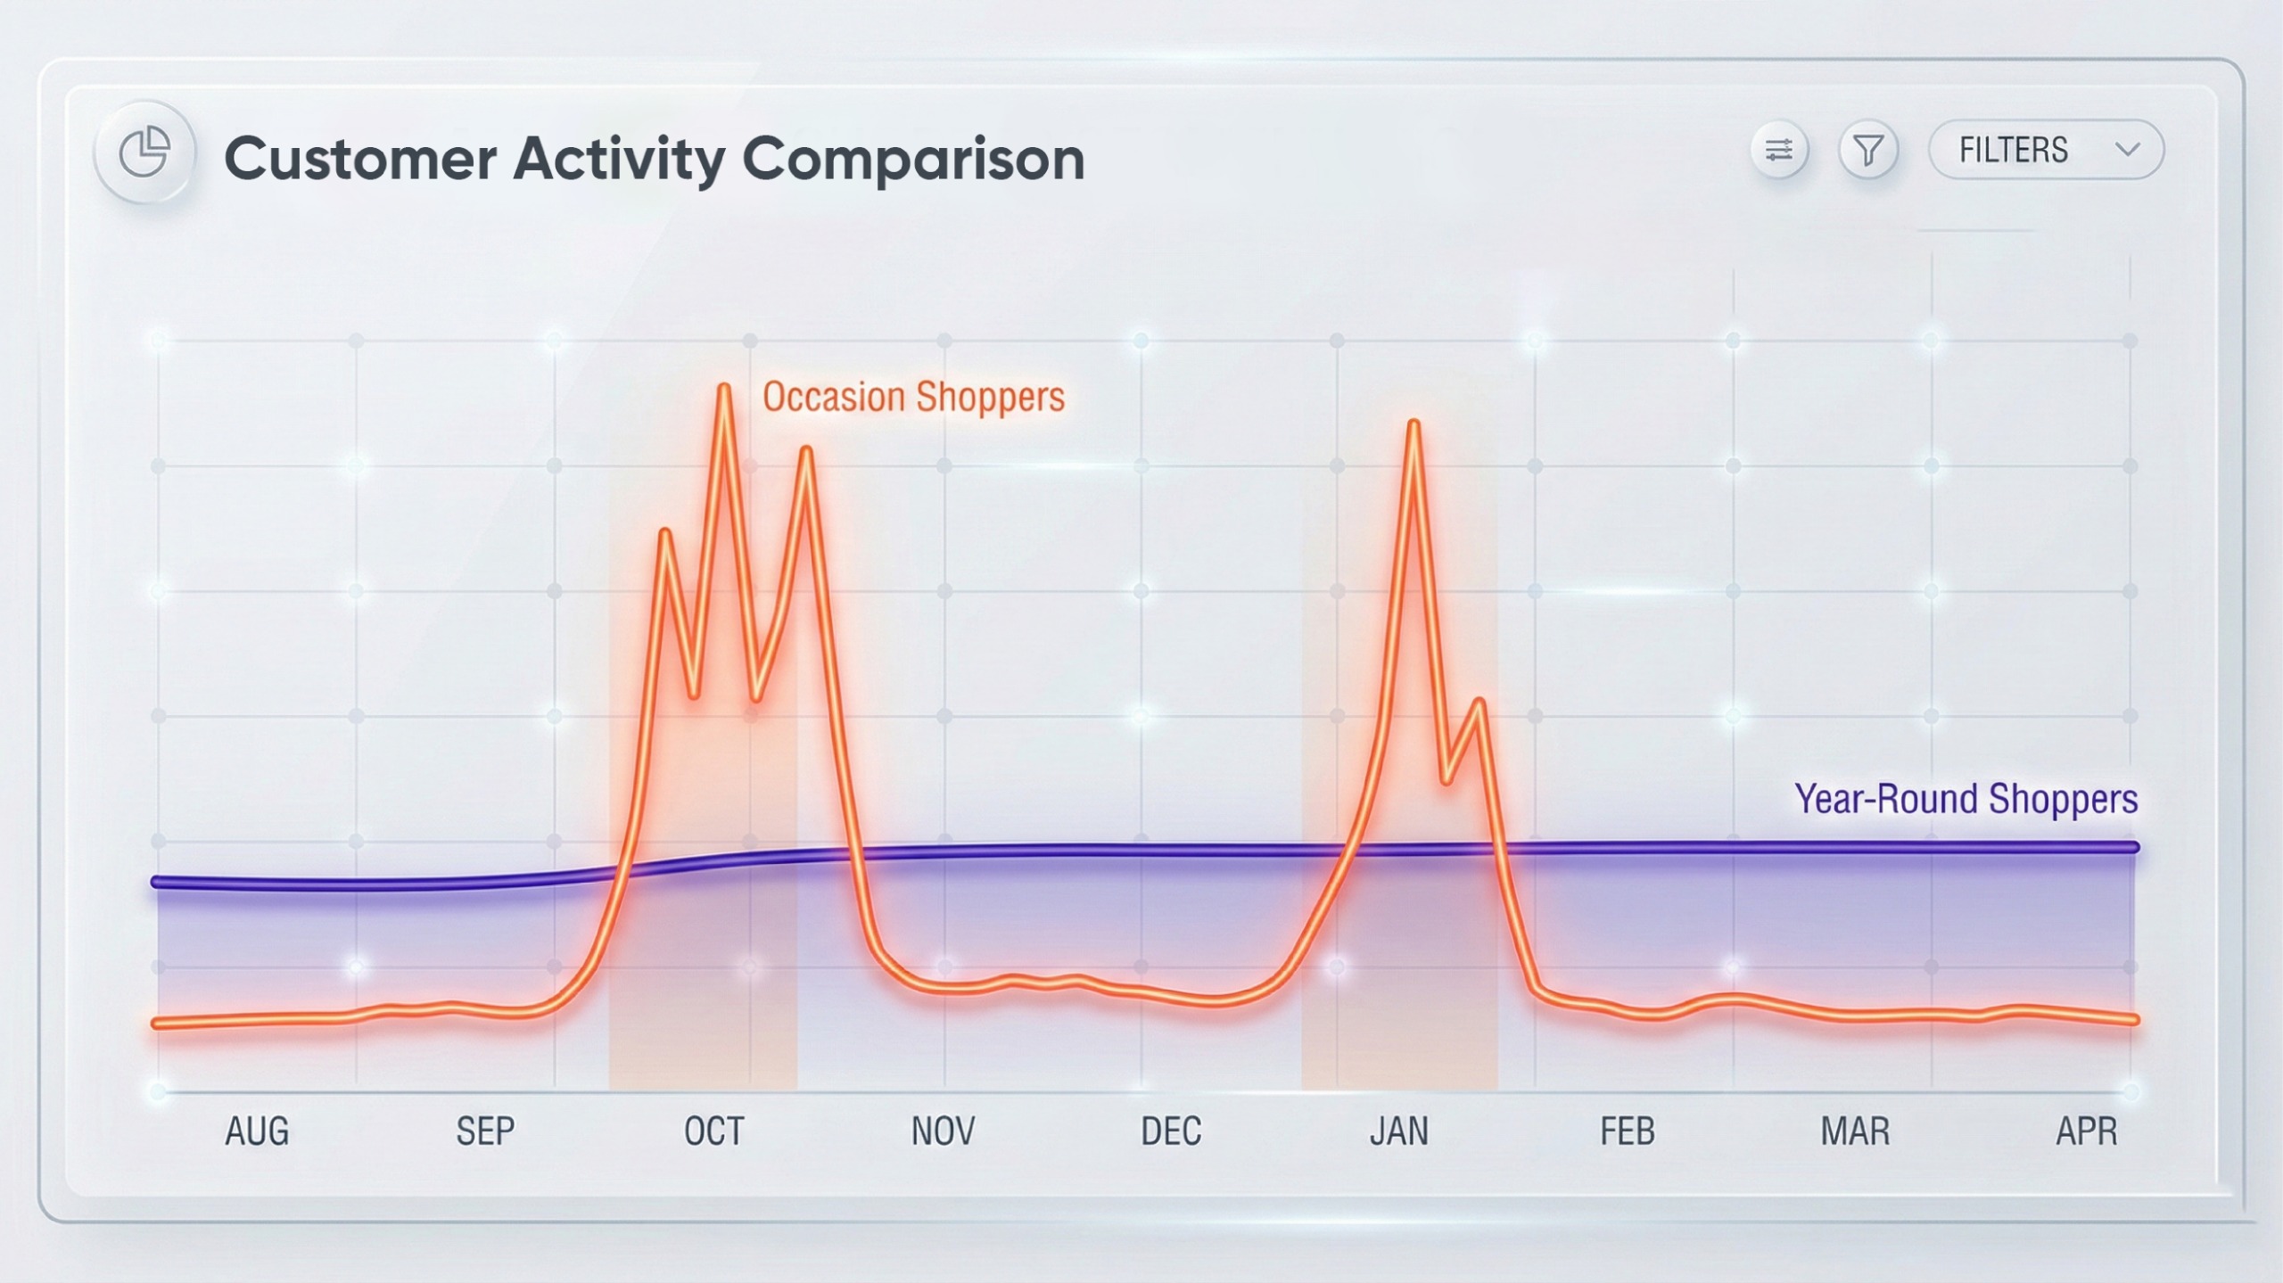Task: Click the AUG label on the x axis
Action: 257,1131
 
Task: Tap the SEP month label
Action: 485,1131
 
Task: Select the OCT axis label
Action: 713,1131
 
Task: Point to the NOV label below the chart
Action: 943,1131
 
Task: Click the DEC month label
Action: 1171,1131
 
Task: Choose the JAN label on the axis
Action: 1398,1131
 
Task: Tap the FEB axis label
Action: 1628,1131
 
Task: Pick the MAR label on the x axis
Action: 1855,1131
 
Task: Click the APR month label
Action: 2086,1131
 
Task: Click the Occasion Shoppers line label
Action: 913,398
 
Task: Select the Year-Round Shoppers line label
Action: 1966,799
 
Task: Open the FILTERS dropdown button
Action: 2045,150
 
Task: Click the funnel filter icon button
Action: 1867,150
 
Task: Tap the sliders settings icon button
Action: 1779,150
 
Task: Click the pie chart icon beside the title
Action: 144,152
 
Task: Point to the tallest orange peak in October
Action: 724,388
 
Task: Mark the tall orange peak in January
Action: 1413,424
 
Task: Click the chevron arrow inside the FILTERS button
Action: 2127,150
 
